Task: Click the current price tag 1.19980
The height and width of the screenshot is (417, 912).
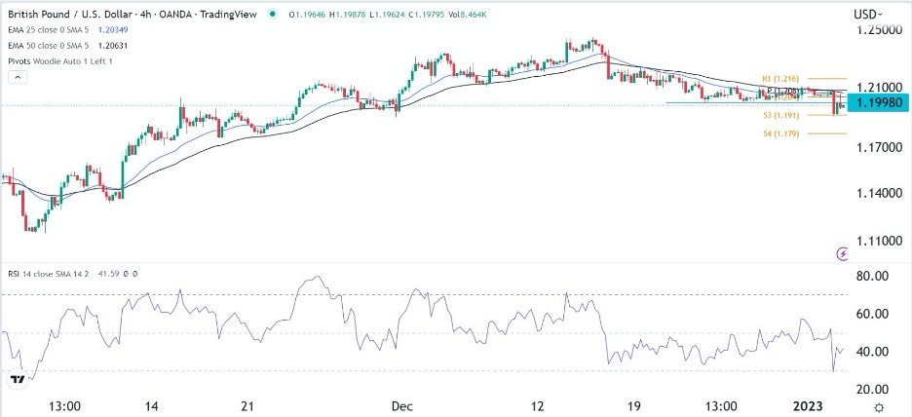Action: coord(879,101)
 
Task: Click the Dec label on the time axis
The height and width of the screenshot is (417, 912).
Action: coord(400,405)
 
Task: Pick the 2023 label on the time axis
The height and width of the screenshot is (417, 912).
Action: coord(814,405)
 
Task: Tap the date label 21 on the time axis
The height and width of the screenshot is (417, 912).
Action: coord(247,405)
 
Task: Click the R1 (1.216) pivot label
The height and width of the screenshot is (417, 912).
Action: coord(782,78)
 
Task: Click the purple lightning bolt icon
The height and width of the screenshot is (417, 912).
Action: coord(844,253)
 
